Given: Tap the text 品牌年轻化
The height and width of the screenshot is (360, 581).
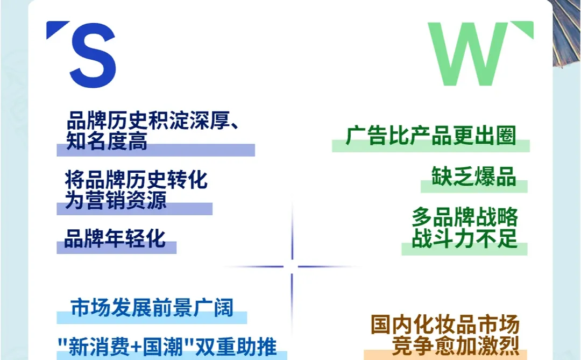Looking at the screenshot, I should click(x=115, y=238).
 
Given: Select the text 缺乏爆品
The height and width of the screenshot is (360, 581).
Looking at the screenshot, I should click(x=473, y=176).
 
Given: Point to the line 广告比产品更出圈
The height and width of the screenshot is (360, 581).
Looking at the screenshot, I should click(x=430, y=136).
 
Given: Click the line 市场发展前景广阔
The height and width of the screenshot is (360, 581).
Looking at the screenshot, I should click(x=152, y=307).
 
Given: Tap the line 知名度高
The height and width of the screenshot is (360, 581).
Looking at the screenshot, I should click(x=106, y=141).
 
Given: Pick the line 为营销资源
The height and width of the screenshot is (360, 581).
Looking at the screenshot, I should click(x=115, y=200).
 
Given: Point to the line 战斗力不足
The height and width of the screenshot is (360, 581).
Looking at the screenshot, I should click(x=465, y=238).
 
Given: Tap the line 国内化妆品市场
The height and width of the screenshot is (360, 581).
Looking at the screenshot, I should click(x=445, y=325).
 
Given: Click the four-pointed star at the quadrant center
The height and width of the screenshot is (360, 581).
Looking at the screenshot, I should click(x=292, y=266).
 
